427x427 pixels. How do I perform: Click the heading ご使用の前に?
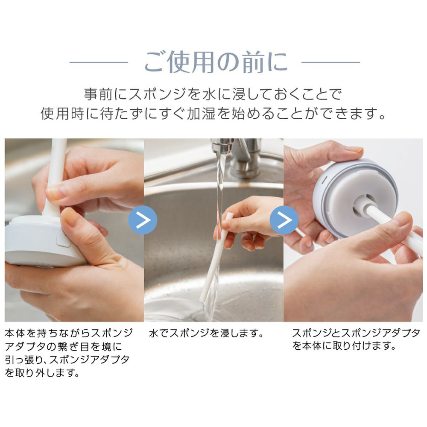pyautogui.click(x=216, y=62)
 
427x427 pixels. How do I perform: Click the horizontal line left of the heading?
pyautogui.click(x=99, y=62)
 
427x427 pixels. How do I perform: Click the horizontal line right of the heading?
pyautogui.click(x=330, y=62)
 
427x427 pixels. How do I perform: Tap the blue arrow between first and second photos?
pyautogui.click(x=143, y=220)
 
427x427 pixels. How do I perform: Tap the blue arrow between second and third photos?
pyautogui.click(x=284, y=220)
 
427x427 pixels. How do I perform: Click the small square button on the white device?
pyautogui.click(x=63, y=240)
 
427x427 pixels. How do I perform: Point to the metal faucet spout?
pyautogui.click(x=223, y=146)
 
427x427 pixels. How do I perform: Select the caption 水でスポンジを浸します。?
pyautogui.click(x=206, y=333)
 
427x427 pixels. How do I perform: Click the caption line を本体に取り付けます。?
pyautogui.click(x=344, y=346)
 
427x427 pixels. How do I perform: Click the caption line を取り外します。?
pyautogui.click(x=42, y=372)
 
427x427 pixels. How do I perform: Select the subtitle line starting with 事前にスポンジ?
pyautogui.click(x=213, y=94)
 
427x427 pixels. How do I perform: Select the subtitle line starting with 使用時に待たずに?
pyautogui.click(x=213, y=113)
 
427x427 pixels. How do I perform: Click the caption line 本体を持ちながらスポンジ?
pyautogui.click(x=69, y=333)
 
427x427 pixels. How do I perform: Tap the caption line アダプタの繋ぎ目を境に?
pyautogui.click(x=64, y=346)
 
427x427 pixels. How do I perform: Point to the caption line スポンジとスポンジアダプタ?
pyautogui.click(x=356, y=333)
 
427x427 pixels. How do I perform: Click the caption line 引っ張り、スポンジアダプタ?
pyautogui.click(x=67, y=360)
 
